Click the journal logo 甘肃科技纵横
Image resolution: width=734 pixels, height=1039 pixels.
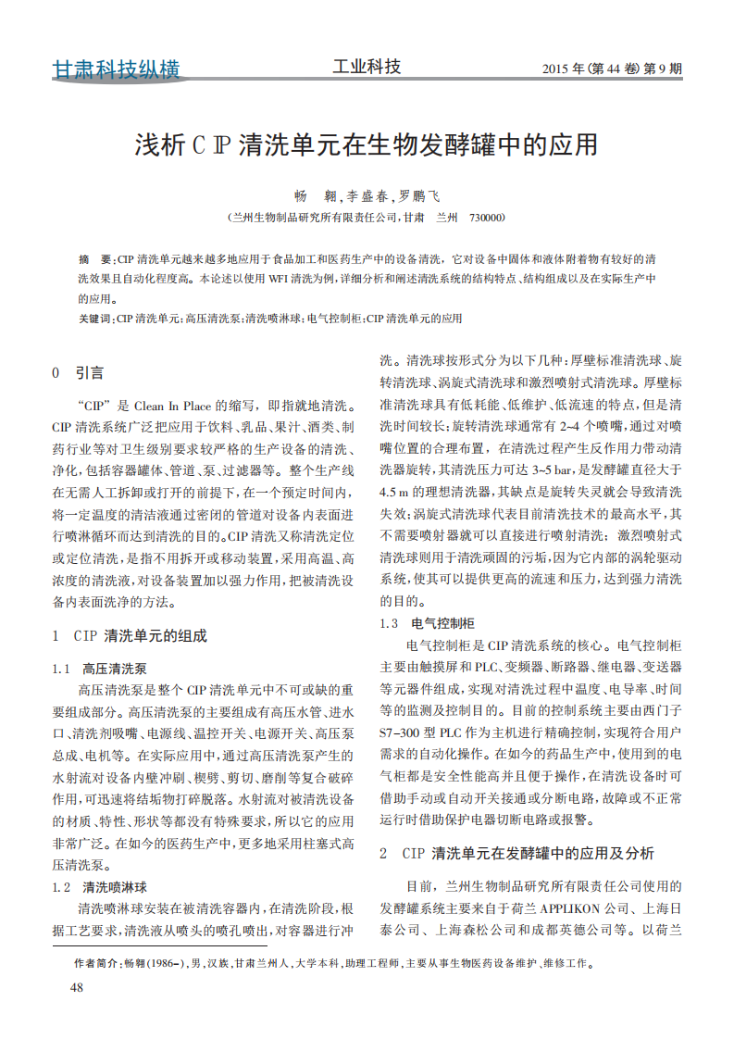116,70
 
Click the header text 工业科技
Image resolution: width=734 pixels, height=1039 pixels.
367,67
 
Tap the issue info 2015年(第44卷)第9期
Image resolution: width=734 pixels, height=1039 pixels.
611,69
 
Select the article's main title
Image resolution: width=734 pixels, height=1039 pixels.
367,145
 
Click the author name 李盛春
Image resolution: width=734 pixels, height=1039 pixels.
368,196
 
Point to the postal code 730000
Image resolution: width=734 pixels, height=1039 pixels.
487,219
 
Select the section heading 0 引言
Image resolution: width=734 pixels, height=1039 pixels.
78,372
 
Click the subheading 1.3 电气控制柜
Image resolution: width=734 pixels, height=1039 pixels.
428,623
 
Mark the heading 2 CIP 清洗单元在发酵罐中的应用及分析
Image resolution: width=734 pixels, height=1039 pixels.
517,853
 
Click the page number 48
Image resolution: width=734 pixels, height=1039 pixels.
77,988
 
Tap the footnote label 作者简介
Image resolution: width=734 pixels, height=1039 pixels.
97,963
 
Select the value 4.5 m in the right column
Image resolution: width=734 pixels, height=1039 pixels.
396,491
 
